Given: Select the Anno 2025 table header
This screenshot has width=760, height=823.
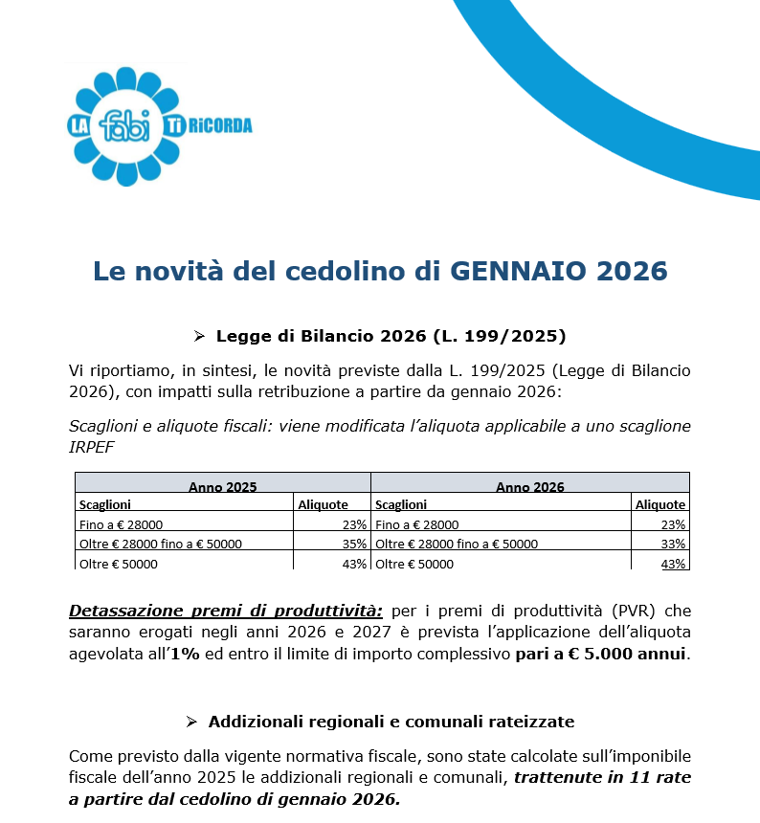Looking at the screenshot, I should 222,486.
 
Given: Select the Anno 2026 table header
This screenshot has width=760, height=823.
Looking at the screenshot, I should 529,486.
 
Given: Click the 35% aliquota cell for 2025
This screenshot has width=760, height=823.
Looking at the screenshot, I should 354,544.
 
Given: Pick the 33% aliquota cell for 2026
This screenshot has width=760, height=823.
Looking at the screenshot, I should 673,544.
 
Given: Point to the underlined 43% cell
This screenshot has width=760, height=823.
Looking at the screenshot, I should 673,564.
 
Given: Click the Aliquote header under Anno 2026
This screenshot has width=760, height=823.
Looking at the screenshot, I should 659,504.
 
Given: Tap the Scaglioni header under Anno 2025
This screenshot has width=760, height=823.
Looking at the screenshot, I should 104,504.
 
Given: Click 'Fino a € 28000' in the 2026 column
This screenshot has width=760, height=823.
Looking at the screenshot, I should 417,524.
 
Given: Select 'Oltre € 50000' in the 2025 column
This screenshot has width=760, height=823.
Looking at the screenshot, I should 119,564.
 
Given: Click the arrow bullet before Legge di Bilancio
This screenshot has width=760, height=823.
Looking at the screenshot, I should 199,336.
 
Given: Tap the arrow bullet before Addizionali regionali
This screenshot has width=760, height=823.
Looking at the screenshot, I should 191,721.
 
